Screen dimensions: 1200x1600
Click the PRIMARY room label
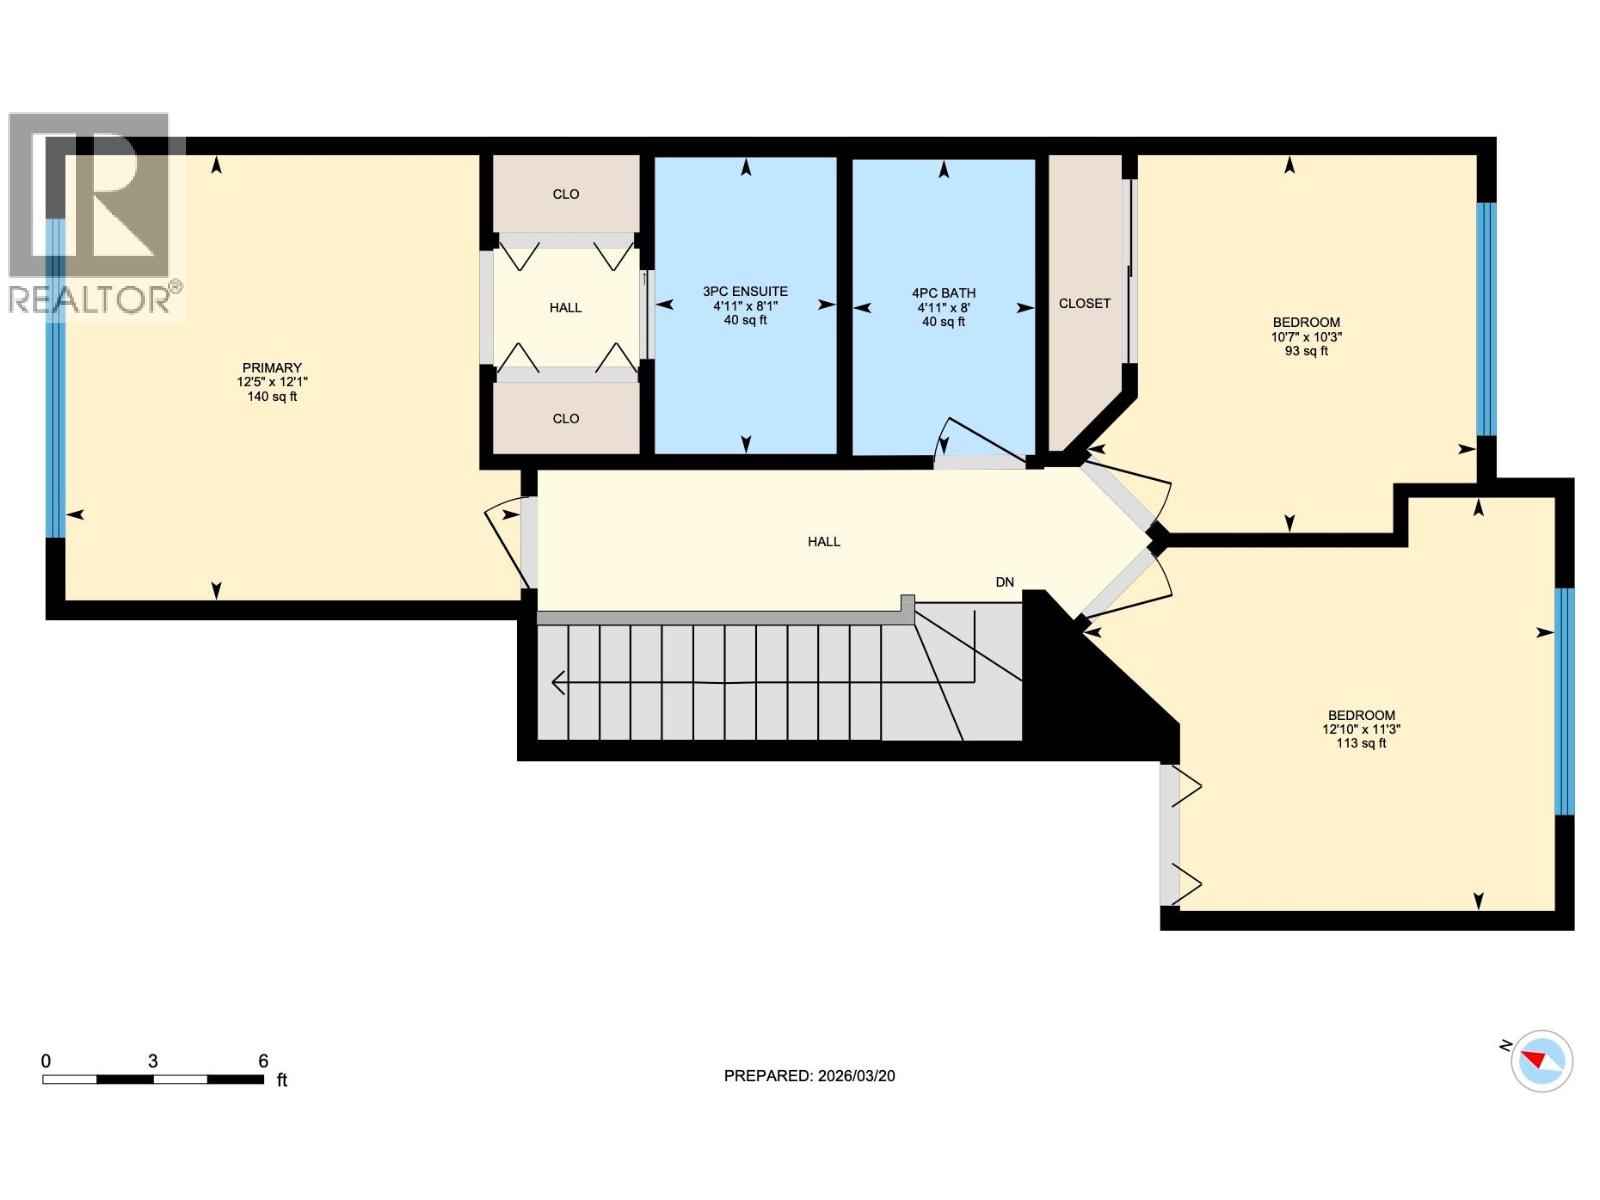(271, 368)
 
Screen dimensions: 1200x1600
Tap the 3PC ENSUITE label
(745, 292)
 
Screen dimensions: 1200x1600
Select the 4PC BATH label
(943, 293)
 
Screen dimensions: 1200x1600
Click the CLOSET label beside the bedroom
(1084, 303)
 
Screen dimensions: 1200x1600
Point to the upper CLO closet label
(565, 194)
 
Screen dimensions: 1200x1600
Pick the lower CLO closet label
(565, 419)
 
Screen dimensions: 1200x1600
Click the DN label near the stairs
(1004, 582)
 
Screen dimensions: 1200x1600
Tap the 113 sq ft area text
(1361, 743)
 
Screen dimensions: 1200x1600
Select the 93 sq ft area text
(1306, 351)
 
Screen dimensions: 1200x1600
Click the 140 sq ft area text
(271, 397)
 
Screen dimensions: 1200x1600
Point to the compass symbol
(1541, 1061)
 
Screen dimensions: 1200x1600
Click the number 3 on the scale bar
(152, 1061)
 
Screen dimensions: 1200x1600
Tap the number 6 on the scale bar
(263, 1061)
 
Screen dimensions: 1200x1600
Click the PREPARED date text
(809, 1076)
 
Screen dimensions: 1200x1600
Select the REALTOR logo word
(90, 299)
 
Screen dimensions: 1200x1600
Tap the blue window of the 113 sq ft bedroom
(1564, 701)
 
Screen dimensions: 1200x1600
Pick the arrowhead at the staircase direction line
(558, 683)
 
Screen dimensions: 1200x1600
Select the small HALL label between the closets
(565, 308)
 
